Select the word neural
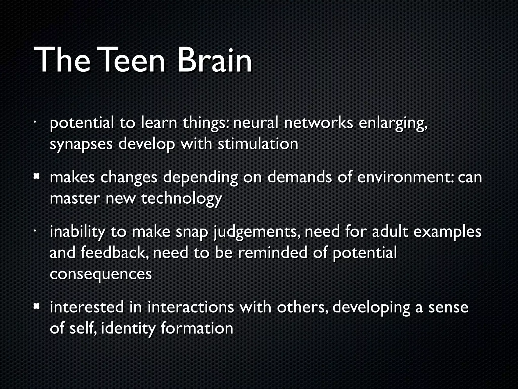(x=255, y=123)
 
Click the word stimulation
(x=258, y=144)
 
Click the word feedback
(x=116, y=253)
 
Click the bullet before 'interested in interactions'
(x=37, y=307)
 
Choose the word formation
(x=197, y=328)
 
